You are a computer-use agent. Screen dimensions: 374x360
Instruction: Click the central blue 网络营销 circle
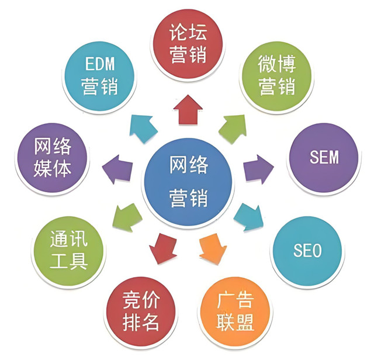tap(188, 182)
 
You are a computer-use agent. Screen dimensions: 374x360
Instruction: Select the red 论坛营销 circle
tap(188, 44)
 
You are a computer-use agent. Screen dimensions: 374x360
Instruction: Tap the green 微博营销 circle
tap(276, 77)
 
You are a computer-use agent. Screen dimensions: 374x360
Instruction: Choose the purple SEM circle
tap(324, 158)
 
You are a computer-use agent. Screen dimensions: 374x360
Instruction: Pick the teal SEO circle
tap(307, 251)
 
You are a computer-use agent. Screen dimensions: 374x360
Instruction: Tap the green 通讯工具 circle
tap(68, 251)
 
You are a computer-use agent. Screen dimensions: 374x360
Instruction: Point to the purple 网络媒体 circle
tap(52, 158)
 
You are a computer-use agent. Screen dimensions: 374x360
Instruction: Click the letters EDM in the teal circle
tap(100, 64)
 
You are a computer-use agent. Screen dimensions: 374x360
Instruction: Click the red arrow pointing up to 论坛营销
tap(188, 110)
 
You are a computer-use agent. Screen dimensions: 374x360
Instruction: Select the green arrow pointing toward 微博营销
tap(233, 129)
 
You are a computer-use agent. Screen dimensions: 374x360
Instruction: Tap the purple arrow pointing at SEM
tap(258, 169)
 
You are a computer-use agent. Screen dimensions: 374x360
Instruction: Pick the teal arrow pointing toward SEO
tap(249, 217)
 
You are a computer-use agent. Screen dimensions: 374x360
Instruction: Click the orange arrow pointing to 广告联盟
tap(213, 249)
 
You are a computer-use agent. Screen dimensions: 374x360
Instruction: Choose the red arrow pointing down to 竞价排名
tap(164, 248)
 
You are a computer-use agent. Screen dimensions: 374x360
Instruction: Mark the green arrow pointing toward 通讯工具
tap(127, 217)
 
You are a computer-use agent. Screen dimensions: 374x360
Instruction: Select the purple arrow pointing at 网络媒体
tap(117, 169)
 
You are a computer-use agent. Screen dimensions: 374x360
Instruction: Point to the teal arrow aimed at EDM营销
tap(143, 129)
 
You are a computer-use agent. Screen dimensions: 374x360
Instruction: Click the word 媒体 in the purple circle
tap(52, 169)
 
